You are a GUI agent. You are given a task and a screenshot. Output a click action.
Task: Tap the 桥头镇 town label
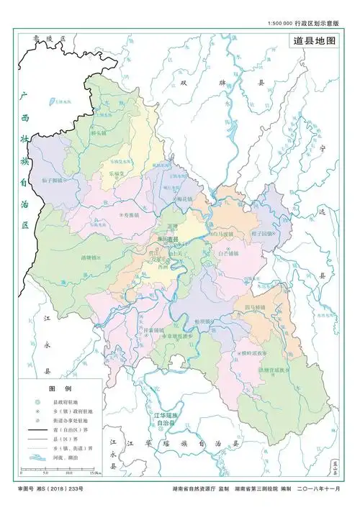pos(99,133)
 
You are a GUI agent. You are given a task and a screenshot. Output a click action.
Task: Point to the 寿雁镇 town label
pos(130,214)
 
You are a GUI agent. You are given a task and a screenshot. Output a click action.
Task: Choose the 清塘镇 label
pos(91,257)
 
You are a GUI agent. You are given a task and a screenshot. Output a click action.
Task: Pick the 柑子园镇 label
pos(261,234)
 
